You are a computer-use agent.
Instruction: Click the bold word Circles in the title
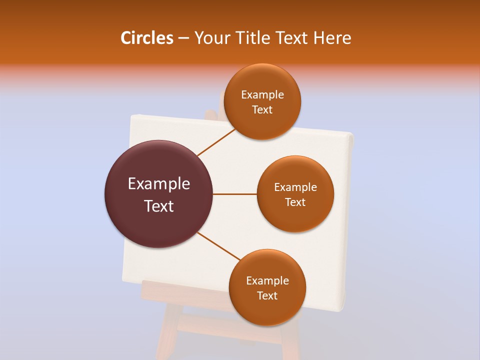point(146,38)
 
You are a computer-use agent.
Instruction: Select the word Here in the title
point(332,38)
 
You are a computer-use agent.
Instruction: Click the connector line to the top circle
point(216,142)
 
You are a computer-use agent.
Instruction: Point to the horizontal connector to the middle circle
point(234,194)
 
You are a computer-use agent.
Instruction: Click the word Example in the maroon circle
point(159,184)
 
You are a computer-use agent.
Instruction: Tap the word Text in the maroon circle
point(159,206)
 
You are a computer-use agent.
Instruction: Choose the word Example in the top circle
point(262,95)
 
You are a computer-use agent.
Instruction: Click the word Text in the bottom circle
point(267,295)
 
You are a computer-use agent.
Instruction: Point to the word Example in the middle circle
point(295,187)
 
